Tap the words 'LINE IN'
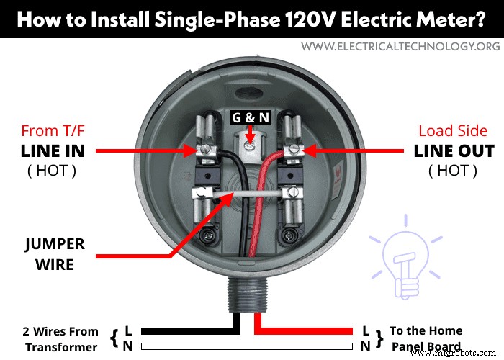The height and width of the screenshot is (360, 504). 53,151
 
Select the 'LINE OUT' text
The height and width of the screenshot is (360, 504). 454,151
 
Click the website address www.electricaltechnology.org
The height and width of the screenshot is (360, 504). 400,46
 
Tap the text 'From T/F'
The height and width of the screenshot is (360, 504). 53,131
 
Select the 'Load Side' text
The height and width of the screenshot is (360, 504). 454,131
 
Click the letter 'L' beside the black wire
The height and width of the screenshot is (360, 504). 128,330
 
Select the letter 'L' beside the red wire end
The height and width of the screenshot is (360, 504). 366,330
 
